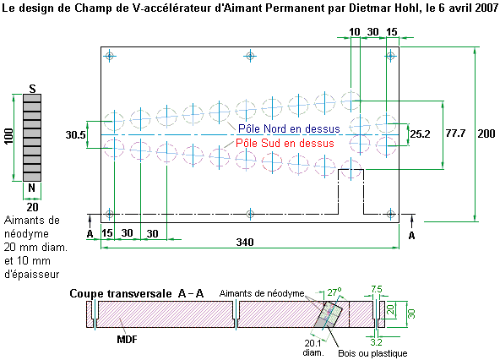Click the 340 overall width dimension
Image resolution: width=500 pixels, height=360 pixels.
245,243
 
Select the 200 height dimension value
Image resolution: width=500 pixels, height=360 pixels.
486,134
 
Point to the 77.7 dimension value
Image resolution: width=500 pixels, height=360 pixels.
455,134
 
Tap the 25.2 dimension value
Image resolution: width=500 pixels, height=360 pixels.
420,134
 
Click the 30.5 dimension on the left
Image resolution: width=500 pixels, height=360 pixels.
75,135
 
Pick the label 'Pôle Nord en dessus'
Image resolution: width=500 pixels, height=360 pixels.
289,128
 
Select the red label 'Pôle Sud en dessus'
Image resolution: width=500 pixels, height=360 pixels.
285,143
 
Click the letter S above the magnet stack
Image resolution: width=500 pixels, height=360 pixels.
32,89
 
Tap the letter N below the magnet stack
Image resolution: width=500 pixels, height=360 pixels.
31,188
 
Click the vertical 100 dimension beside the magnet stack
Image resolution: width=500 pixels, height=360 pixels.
8,136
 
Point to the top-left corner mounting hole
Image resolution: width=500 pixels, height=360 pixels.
110,56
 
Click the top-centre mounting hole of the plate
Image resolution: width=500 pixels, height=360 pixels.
250,56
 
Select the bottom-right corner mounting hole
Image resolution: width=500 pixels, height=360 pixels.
391,214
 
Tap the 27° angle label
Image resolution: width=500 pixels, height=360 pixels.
334,292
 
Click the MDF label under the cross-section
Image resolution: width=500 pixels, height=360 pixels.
127,339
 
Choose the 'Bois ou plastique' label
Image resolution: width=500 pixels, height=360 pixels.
372,353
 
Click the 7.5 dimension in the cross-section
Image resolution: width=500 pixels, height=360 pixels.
377,289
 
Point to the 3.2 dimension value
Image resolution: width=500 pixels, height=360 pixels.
377,342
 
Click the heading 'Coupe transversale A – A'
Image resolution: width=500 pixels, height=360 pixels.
137,293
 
